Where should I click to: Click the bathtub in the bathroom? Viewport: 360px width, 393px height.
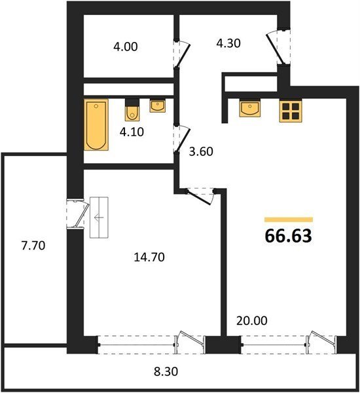coord(96,125)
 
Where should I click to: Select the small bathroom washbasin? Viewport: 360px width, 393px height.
coord(158,106)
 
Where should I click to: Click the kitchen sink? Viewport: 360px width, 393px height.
coord(250,108)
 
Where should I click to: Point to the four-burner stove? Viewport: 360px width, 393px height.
coord(291,111)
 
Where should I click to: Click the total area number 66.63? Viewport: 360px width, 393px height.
coord(289,236)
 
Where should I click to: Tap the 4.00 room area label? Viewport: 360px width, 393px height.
coord(125,47)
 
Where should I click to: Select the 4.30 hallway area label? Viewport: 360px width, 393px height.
coord(228,43)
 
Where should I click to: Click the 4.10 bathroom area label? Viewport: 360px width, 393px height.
coord(132,132)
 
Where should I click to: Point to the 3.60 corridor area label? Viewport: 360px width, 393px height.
coord(201,152)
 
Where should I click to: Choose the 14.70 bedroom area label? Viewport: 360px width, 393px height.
coord(149,257)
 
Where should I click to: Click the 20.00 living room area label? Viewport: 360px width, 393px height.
coord(252,320)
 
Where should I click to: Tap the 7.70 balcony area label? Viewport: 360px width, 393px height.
coord(33,246)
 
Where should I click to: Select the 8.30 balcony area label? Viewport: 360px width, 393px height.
coord(166,371)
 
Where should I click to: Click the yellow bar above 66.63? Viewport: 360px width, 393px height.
coord(289,220)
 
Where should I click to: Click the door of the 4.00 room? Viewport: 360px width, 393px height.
coord(183,54)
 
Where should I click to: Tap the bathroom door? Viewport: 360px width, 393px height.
coord(183,139)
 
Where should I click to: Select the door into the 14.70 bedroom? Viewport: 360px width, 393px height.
coord(200,197)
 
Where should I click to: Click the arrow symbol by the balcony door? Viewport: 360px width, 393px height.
coord(99,217)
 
